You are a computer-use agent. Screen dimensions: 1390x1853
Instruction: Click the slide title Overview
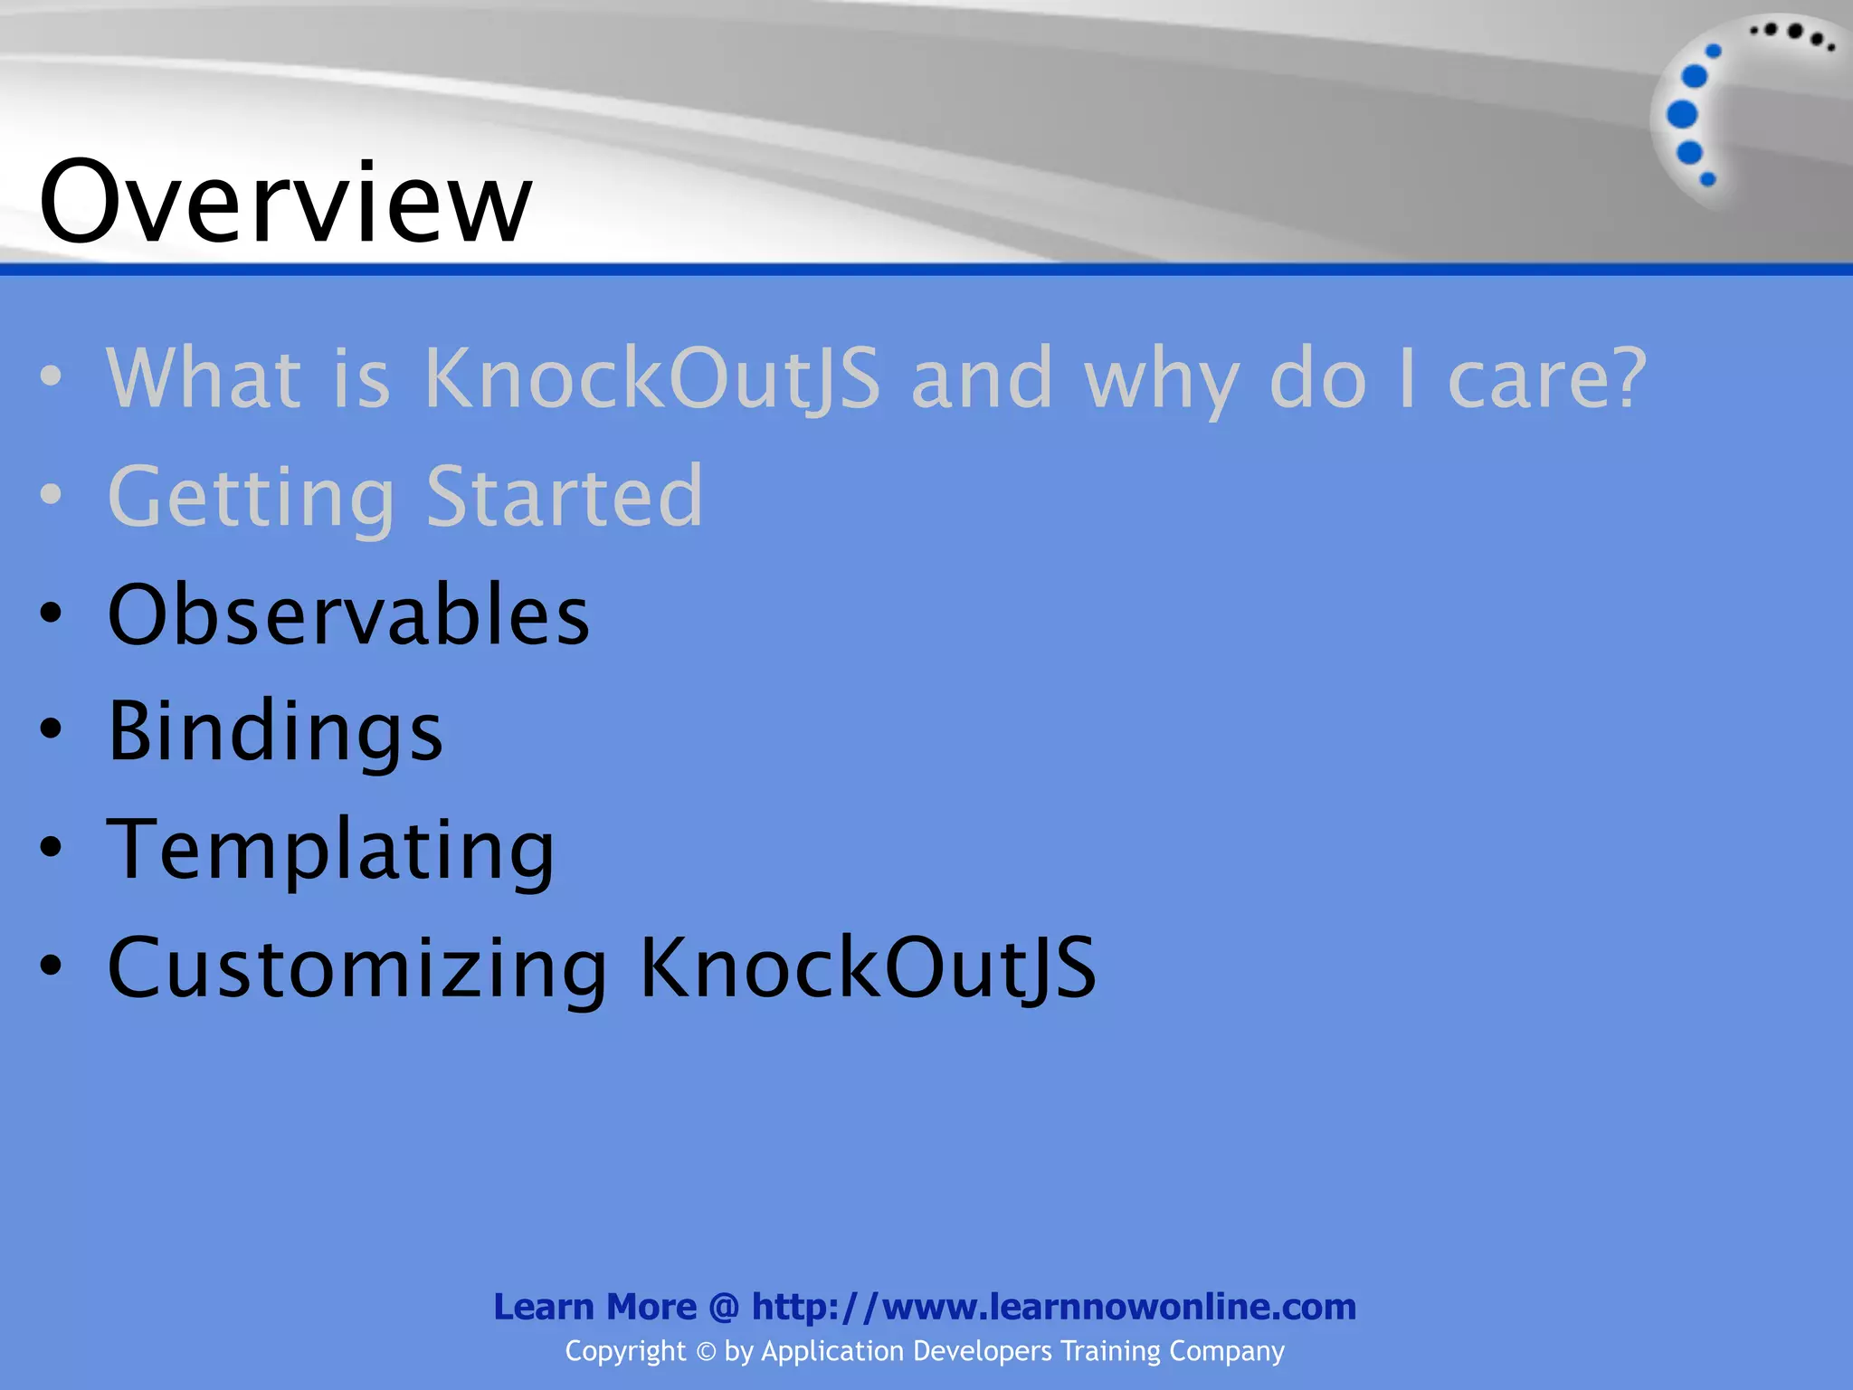[285, 201]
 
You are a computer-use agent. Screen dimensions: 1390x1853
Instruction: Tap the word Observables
[348, 614]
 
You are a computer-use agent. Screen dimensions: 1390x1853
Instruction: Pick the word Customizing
[357, 968]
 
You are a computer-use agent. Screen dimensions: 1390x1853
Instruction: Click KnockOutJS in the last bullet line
[869, 968]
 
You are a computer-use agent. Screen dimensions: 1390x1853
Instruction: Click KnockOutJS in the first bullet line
[651, 377]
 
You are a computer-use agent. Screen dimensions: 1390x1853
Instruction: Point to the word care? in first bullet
[1547, 377]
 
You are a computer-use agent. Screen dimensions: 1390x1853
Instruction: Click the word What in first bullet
[204, 377]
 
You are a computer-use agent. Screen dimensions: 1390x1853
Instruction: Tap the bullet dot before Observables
[52, 614]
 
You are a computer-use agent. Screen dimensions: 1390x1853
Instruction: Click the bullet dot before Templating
[52, 848]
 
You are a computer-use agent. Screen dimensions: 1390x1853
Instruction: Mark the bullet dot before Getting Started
[52, 495]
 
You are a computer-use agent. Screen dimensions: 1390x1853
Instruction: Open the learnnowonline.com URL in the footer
[1054, 1307]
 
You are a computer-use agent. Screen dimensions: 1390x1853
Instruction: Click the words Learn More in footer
[594, 1307]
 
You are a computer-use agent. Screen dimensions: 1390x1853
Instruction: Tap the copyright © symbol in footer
[706, 1352]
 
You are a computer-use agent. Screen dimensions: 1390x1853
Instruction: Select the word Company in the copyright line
[1226, 1351]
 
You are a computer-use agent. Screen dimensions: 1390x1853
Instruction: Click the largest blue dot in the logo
[1682, 115]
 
